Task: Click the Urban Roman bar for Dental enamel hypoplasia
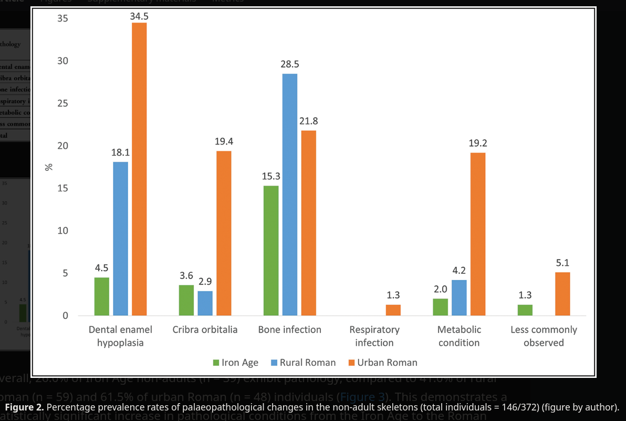pos(139,169)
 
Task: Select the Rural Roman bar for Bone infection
pos(290,194)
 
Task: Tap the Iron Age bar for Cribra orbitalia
pos(186,300)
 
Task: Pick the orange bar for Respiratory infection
pos(393,310)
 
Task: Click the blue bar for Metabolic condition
pos(459,297)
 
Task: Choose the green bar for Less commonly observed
pos(525,310)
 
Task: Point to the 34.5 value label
pos(139,16)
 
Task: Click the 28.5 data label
pos(290,65)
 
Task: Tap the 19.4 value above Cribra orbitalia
pos(224,141)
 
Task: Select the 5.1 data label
pos(562,263)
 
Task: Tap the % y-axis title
pos(49,167)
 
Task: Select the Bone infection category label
pos(290,330)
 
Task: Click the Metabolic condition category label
pos(459,336)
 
